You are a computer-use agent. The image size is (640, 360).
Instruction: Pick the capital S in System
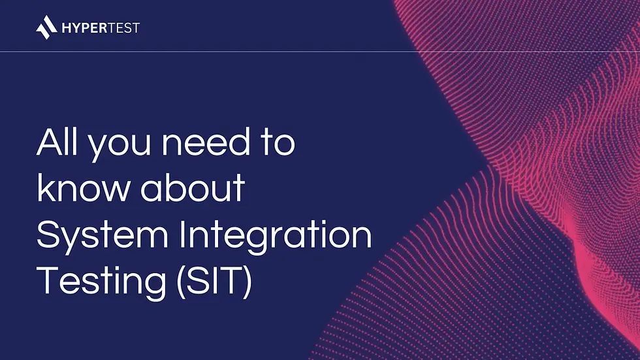click(48, 234)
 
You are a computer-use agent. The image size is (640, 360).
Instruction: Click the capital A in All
click(49, 142)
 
